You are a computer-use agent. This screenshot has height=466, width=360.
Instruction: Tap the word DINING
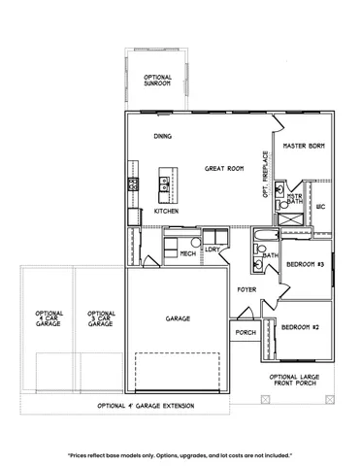(x=162, y=137)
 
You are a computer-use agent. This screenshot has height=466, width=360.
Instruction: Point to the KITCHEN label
(x=167, y=210)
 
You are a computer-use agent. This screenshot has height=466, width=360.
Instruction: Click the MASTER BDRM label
(x=303, y=145)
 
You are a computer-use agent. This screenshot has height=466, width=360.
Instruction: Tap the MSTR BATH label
(x=294, y=198)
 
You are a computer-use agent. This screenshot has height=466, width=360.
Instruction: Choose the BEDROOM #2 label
(x=300, y=327)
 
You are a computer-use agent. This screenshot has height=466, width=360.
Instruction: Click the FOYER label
(x=247, y=289)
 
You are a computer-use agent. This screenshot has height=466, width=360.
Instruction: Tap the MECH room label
(x=187, y=253)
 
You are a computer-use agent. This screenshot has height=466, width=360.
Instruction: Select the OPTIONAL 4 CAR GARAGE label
(x=49, y=318)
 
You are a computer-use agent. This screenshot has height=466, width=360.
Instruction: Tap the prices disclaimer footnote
(x=180, y=454)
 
